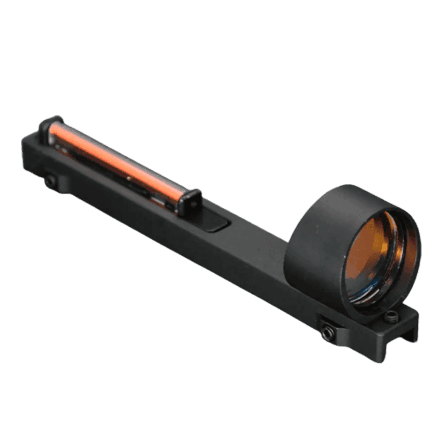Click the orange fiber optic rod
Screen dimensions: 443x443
point(120,159)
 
